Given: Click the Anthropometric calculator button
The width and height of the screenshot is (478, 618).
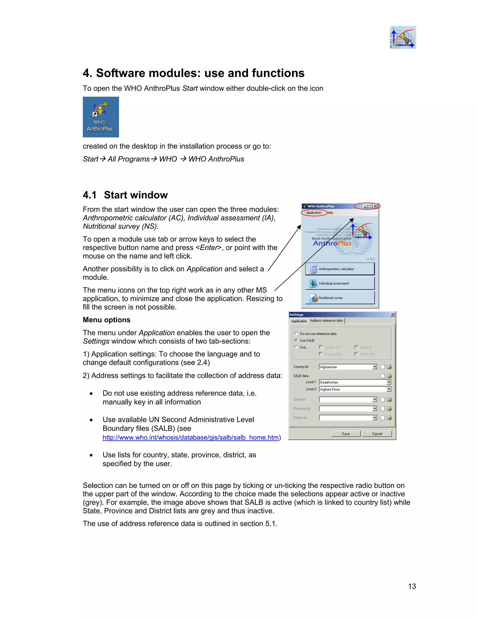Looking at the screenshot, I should (340, 269).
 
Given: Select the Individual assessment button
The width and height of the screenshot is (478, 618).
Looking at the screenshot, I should (340, 283).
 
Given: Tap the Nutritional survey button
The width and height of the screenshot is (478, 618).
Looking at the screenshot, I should (340, 298).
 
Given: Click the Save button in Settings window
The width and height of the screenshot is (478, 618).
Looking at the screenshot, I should (346, 434).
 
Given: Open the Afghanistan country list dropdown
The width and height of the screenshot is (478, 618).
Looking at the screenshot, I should (375, 367).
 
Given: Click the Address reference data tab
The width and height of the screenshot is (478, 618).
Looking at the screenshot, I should (326, 321).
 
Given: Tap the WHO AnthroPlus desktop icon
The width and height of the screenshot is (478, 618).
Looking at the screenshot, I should (101, 117).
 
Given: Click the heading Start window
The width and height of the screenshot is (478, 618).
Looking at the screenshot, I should (136, 195).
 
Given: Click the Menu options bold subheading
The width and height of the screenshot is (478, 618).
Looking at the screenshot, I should (106, 320).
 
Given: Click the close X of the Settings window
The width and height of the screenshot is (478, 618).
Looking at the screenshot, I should (392, 315).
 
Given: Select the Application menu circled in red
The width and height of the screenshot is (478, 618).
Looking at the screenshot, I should (313, 212).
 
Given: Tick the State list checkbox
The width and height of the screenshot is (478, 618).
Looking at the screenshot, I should (357, 347).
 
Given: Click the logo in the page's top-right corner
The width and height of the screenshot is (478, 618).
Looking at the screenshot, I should (403, 37).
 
